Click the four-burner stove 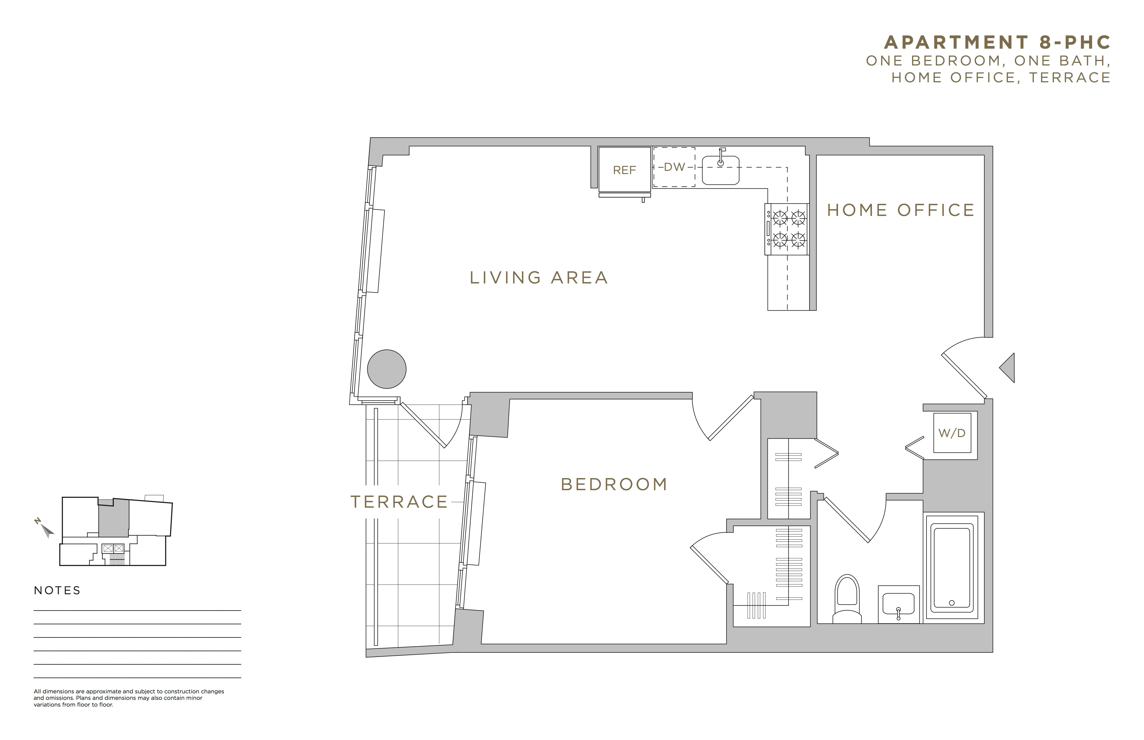[787, 229]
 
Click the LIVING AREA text [539, 278]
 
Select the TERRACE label [399, 502]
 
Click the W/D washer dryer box [952, 433]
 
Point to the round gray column [386, 369]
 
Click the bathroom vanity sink [898, 605]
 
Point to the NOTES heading [57, 591]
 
